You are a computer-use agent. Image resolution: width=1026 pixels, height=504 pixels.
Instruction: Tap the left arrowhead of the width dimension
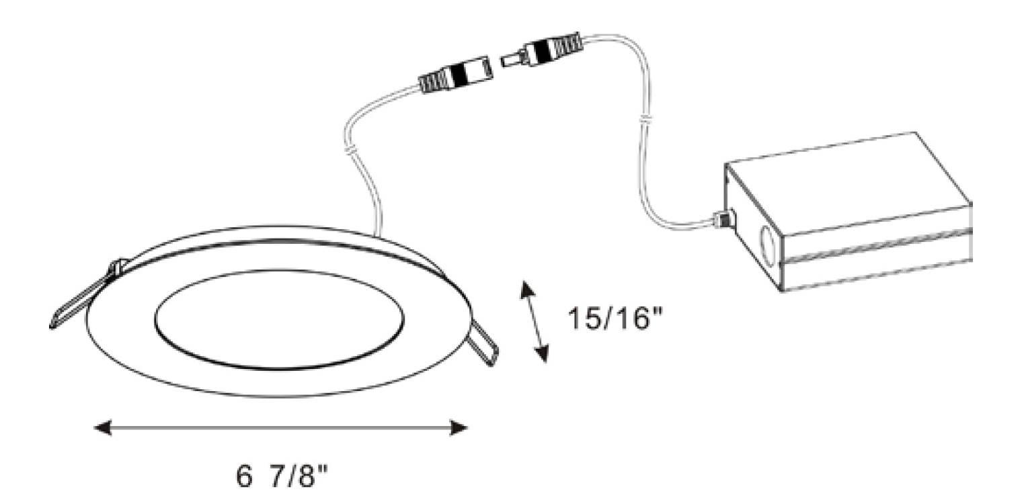coord(103,427)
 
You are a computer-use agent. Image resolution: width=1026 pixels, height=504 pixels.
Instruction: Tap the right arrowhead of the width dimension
coord(459,427)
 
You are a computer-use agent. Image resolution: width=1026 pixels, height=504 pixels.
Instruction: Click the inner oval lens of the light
coord(279,319)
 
